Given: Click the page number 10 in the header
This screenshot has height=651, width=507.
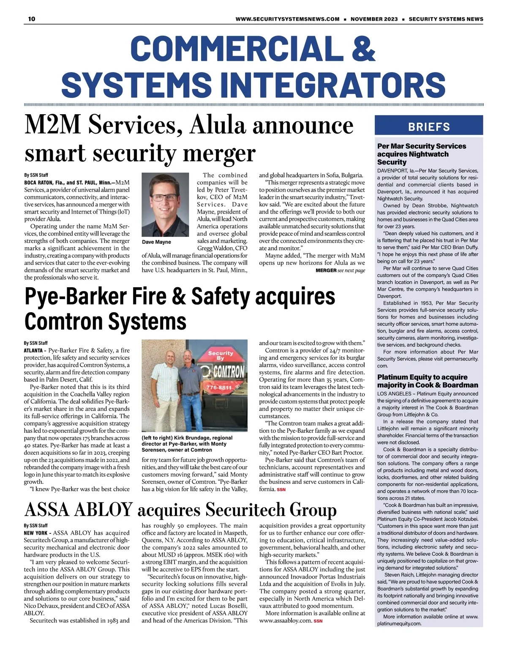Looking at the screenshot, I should coord(32,19).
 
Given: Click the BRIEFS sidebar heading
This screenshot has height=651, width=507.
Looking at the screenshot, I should coord(429,126).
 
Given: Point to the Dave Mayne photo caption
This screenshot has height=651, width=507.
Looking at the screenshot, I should coord(157,242).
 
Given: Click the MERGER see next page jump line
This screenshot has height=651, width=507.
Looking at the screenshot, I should coord(340,271).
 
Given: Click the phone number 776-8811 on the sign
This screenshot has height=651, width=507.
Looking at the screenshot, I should coord(218,387).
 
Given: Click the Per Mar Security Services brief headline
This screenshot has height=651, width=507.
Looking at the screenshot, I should coord(421,154).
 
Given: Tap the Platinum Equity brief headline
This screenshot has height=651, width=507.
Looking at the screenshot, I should coord(427,381).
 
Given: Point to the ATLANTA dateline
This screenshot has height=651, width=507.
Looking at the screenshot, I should coord(33,351).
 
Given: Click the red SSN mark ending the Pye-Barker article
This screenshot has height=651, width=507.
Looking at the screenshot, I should coord(281,489).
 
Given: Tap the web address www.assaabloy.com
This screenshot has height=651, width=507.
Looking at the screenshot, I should coord(285,621).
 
